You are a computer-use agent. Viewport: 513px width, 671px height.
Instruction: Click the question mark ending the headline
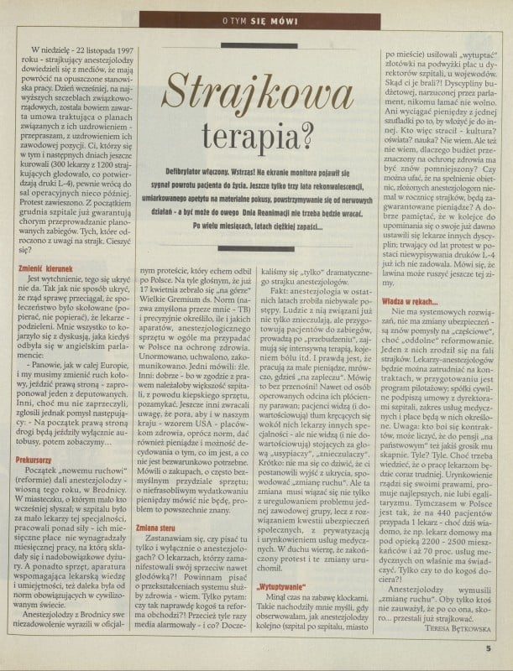307,127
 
